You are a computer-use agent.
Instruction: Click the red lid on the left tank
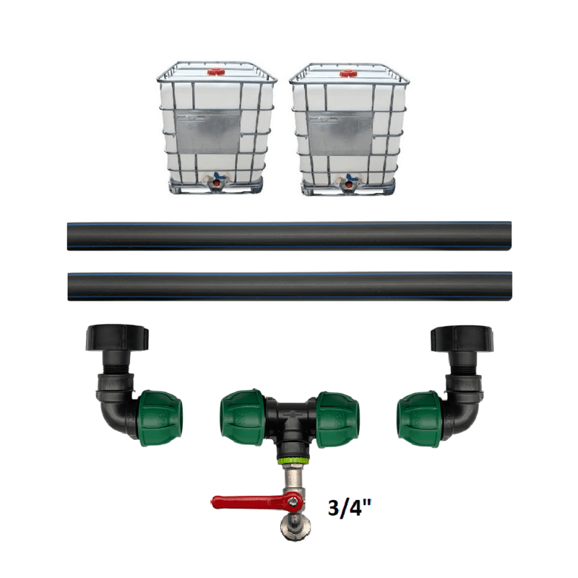[x=216, y=72]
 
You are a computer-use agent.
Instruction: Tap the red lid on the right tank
[x=348, y=74]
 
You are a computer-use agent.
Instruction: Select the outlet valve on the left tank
[x=217, y=181]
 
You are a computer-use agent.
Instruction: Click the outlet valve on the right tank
[x=349, y=182]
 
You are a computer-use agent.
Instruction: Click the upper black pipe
[x=290, y=236]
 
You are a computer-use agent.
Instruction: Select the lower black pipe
[x=290, y=286]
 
